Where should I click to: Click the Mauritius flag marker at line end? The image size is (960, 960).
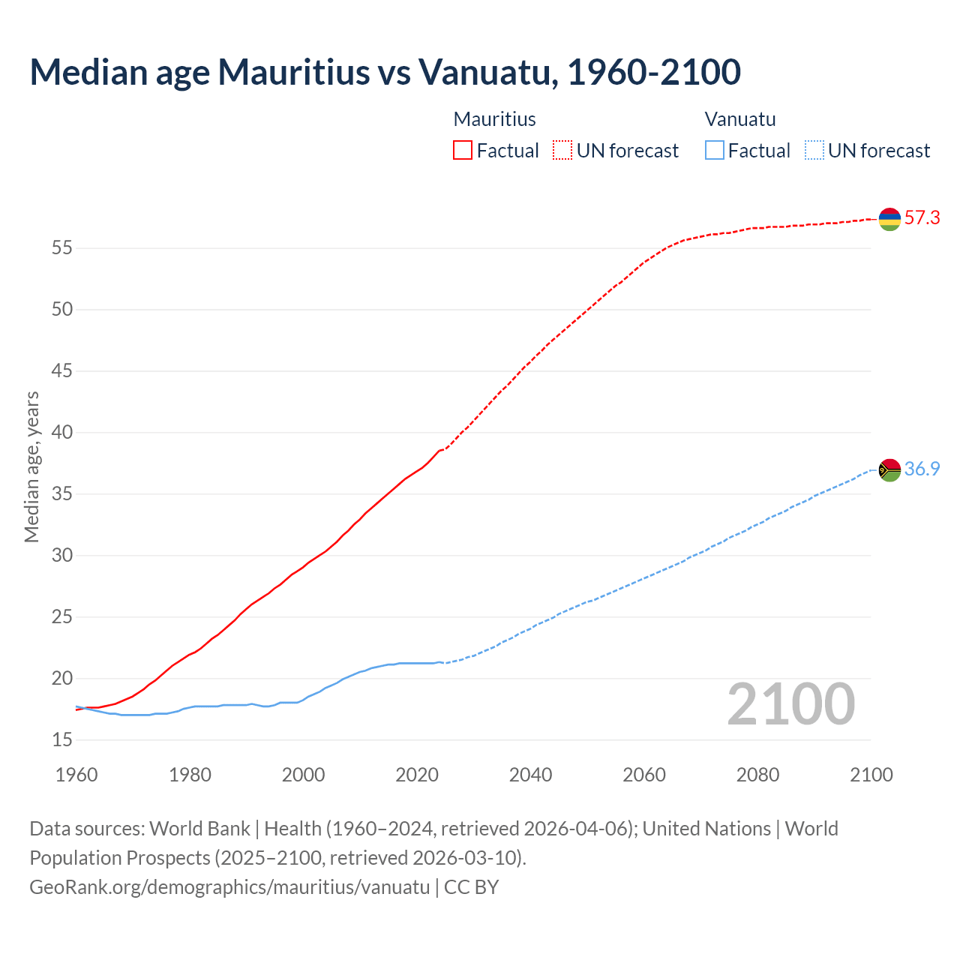point(889,219)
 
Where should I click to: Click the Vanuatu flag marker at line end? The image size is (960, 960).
point(889,470)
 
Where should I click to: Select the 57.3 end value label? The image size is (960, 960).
point(922,218)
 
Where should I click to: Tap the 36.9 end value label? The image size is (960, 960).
point(922,469)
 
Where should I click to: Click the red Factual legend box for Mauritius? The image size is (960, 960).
point(463,151)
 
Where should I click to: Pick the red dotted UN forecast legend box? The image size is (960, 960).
point(562,151)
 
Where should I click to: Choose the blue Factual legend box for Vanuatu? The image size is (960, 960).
point(715,151)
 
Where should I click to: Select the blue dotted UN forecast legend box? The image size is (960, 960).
point(814,151)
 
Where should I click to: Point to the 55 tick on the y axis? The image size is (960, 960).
point(62,248)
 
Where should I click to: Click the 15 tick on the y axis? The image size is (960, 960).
point(62,740)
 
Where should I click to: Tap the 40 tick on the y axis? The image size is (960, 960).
point(62,433)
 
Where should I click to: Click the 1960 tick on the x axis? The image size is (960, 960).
point(76,775)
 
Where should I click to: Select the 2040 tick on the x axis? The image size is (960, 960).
point(530,775)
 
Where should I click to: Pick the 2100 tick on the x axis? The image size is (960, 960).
point(871,775)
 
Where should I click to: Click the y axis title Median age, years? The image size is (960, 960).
point(31,466)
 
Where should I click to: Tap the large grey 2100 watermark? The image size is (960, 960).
point(790,704)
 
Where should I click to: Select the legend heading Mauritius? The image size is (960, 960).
point(494,119)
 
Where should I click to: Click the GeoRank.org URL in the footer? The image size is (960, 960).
point(229,887)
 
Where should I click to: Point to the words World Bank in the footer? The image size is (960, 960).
point(199,829)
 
